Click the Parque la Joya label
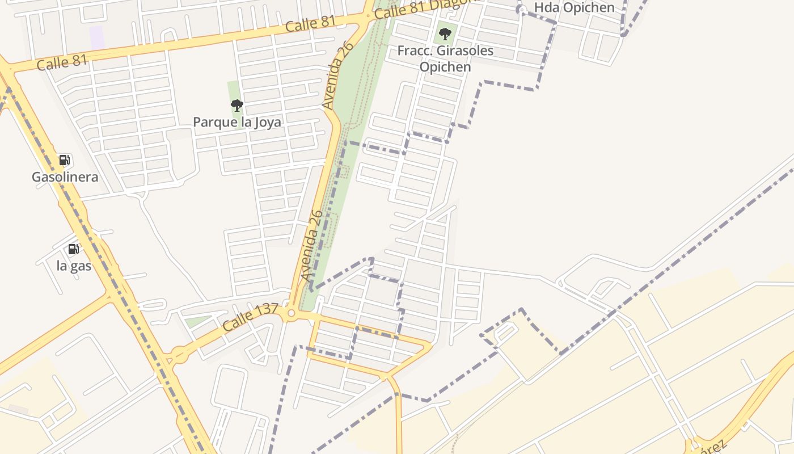tap(236, 122)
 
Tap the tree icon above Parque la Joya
tap(236, 105)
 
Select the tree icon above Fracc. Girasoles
tap(445, 33)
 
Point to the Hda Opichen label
tap(574, 8)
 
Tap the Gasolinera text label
tap(65, 177)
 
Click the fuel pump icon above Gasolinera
tap(65, 160)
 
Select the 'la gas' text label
tap(74, 266)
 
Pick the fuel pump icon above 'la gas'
tap(73, 249)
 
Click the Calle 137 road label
tap(250, 317)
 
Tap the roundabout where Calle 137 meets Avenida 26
tap(292, 313)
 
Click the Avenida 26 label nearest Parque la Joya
tap(337, 74)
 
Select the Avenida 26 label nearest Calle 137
tap(312, 246)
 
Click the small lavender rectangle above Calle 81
tap(97, 37)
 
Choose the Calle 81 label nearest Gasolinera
tap(62, 62)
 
